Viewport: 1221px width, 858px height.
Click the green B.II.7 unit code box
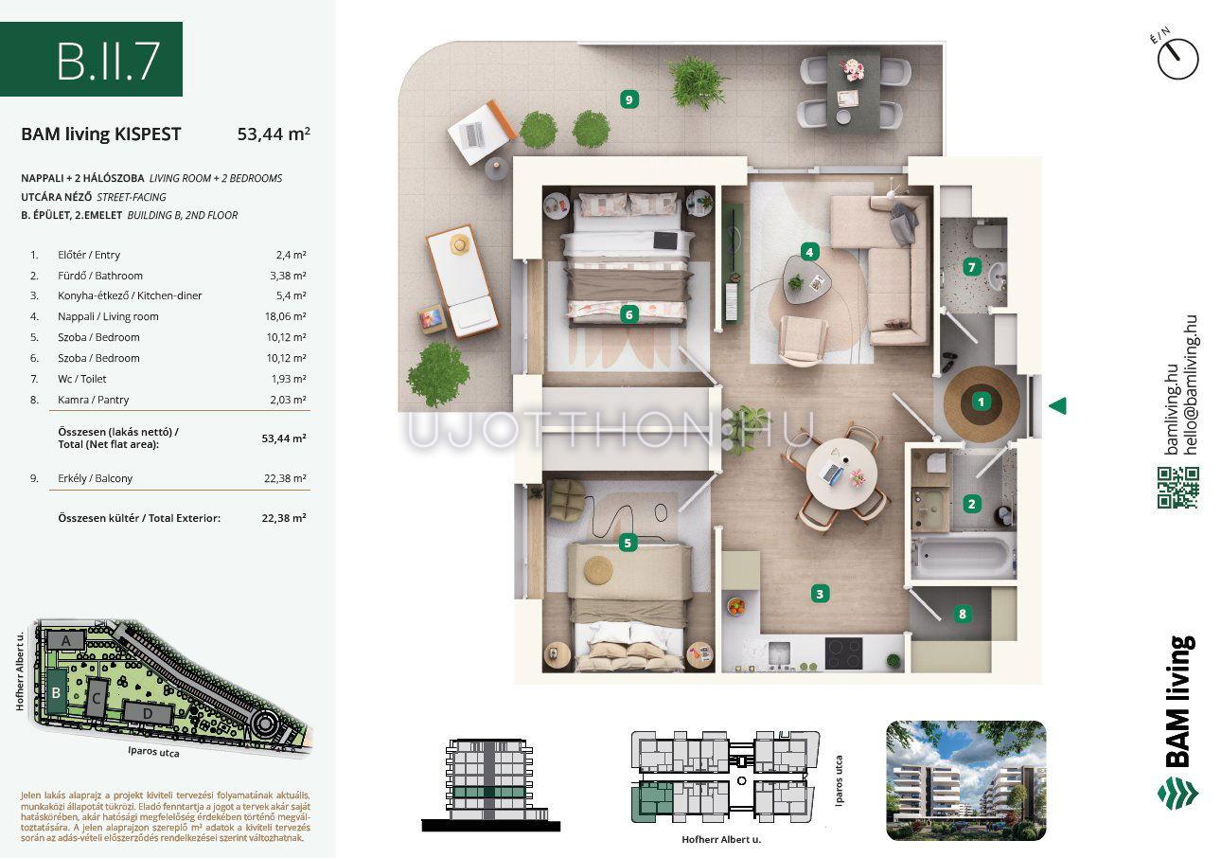(x=91, y=59)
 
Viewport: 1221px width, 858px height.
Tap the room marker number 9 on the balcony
(x=629, y=99)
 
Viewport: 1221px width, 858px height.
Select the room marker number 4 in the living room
(x=809, y=252)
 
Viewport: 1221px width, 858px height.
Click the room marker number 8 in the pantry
(x=962, y=615)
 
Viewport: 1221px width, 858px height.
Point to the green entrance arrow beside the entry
(x=1058, y=406)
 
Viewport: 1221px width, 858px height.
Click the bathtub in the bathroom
(x=962, y=557)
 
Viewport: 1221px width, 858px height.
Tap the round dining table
(x=841, y=473)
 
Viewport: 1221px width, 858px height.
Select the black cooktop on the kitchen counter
(x=843, y=653)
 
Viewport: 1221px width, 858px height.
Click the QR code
(x=1178, y=488)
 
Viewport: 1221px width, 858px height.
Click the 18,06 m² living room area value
(x=285, y=316)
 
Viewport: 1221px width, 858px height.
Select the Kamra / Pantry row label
(x=93, y=400)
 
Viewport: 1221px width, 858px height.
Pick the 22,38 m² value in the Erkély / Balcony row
(x=285, y=478)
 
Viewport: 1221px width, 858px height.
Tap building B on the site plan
(x=56, y=692)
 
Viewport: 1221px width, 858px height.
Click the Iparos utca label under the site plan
(x=153, y=752)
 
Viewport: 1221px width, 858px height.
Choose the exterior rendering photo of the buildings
(x=965, y=780)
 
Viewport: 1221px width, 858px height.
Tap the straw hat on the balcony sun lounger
(x=459, y=243)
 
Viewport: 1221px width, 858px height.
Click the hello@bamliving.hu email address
(x=1192, y=384)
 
